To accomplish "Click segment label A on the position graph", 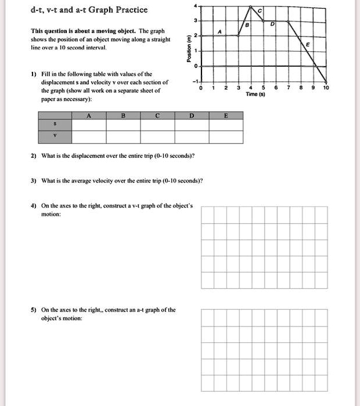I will point(220,31).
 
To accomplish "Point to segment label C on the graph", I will point(260,13).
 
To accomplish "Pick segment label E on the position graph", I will point(308,45).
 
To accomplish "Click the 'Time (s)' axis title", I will point(256,94).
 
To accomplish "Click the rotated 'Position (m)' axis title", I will point(188,49).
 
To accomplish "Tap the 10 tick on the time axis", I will point(326,88).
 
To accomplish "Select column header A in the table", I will point(89,116).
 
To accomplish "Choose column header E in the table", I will point(226,116).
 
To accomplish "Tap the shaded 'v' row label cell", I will point(56,137).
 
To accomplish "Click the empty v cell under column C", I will point(158,137).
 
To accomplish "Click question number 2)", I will point(34,156).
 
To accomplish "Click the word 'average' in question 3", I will point(94,180).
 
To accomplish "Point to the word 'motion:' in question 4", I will point(51,214).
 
